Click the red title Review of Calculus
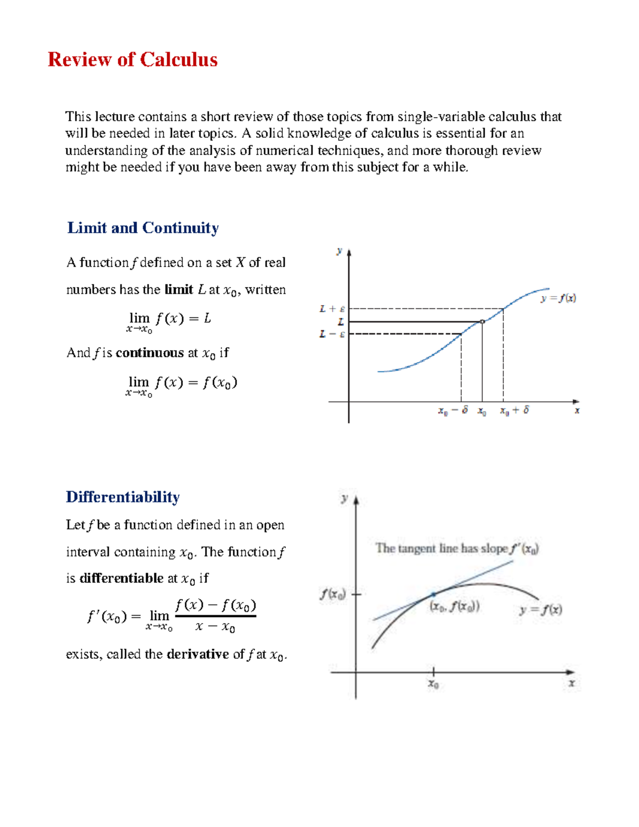[133, 60]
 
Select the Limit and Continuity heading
[143, 228]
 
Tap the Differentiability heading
[122, 497]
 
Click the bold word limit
[178, 290]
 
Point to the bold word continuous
[149, 353]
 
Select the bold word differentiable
[121, 578]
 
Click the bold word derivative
[198, 654]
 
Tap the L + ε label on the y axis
[332, 309]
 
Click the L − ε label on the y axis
[332, 334]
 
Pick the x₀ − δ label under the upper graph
[453, 411]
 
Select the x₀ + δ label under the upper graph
[514, 411]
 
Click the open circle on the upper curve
[482, 322]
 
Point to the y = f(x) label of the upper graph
[558, 299]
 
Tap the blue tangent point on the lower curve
[433, 594]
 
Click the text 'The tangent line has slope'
[441, 548]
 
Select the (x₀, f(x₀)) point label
[455, 607]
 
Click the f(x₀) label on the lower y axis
[333, 594]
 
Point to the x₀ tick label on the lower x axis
[433, 684]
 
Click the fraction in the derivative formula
[215, 616]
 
